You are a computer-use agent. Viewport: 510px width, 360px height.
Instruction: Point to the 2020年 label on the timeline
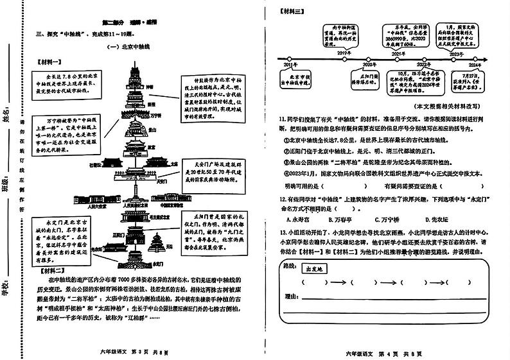click(370, 65)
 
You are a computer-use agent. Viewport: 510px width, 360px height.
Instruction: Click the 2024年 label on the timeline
click(475, 65)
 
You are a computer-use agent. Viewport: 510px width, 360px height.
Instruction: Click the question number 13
click(283, 232)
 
